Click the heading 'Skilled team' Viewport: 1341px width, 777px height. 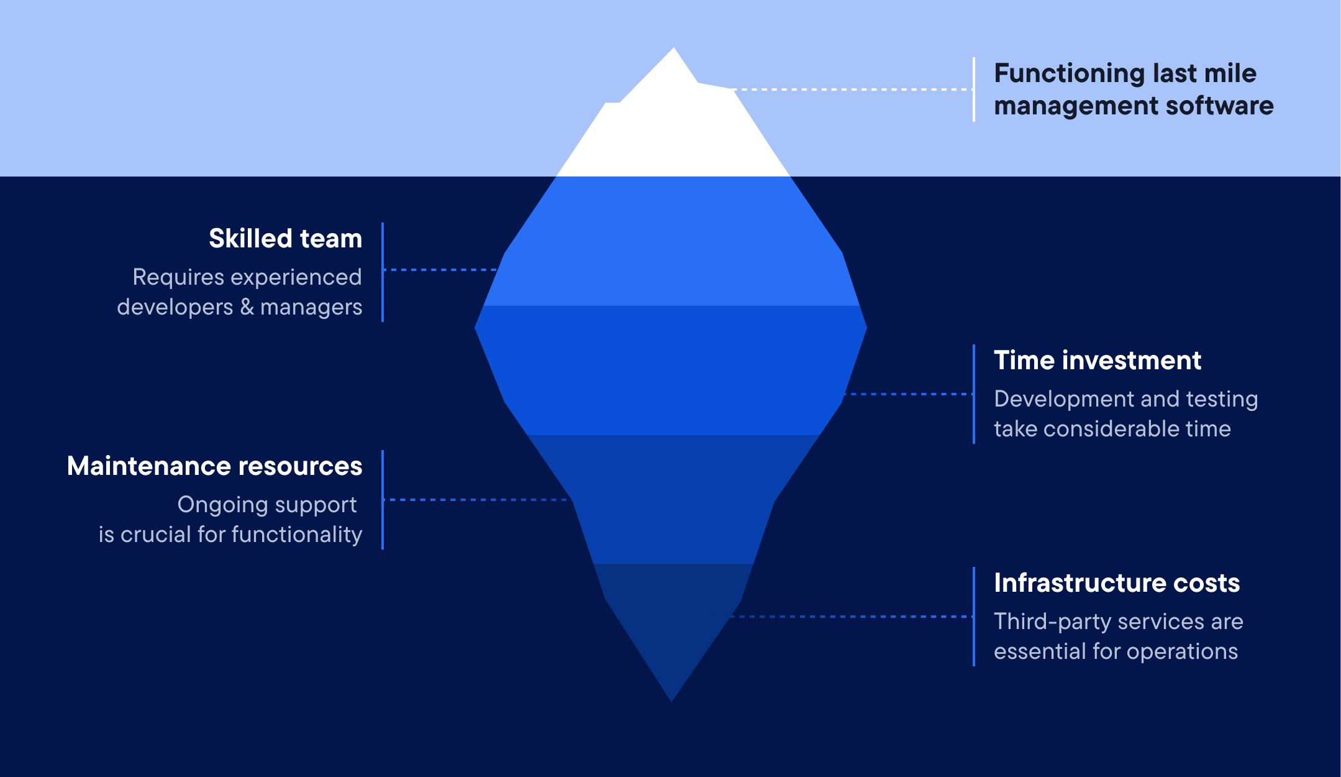[x=285, y=239]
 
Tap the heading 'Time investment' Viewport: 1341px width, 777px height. [x=1098, y=361]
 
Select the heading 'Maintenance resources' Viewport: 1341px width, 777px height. [x=214, y=466]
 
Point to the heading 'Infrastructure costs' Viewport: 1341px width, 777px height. [x=1117, y=583]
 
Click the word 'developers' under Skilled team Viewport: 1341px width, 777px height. [x=175, y=307]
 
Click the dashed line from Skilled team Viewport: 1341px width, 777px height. [x=440, y=270]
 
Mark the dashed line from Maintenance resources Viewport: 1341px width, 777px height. [x=476, y=500]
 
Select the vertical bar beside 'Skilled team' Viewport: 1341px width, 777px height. [x=383, y=272]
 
